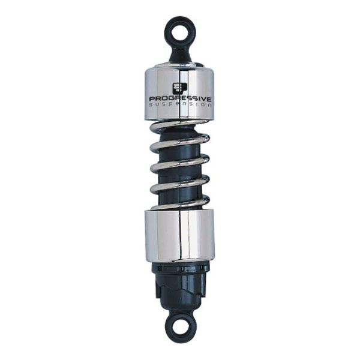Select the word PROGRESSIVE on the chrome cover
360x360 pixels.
point(179,98)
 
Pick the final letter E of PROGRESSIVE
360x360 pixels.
point(210,98)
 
